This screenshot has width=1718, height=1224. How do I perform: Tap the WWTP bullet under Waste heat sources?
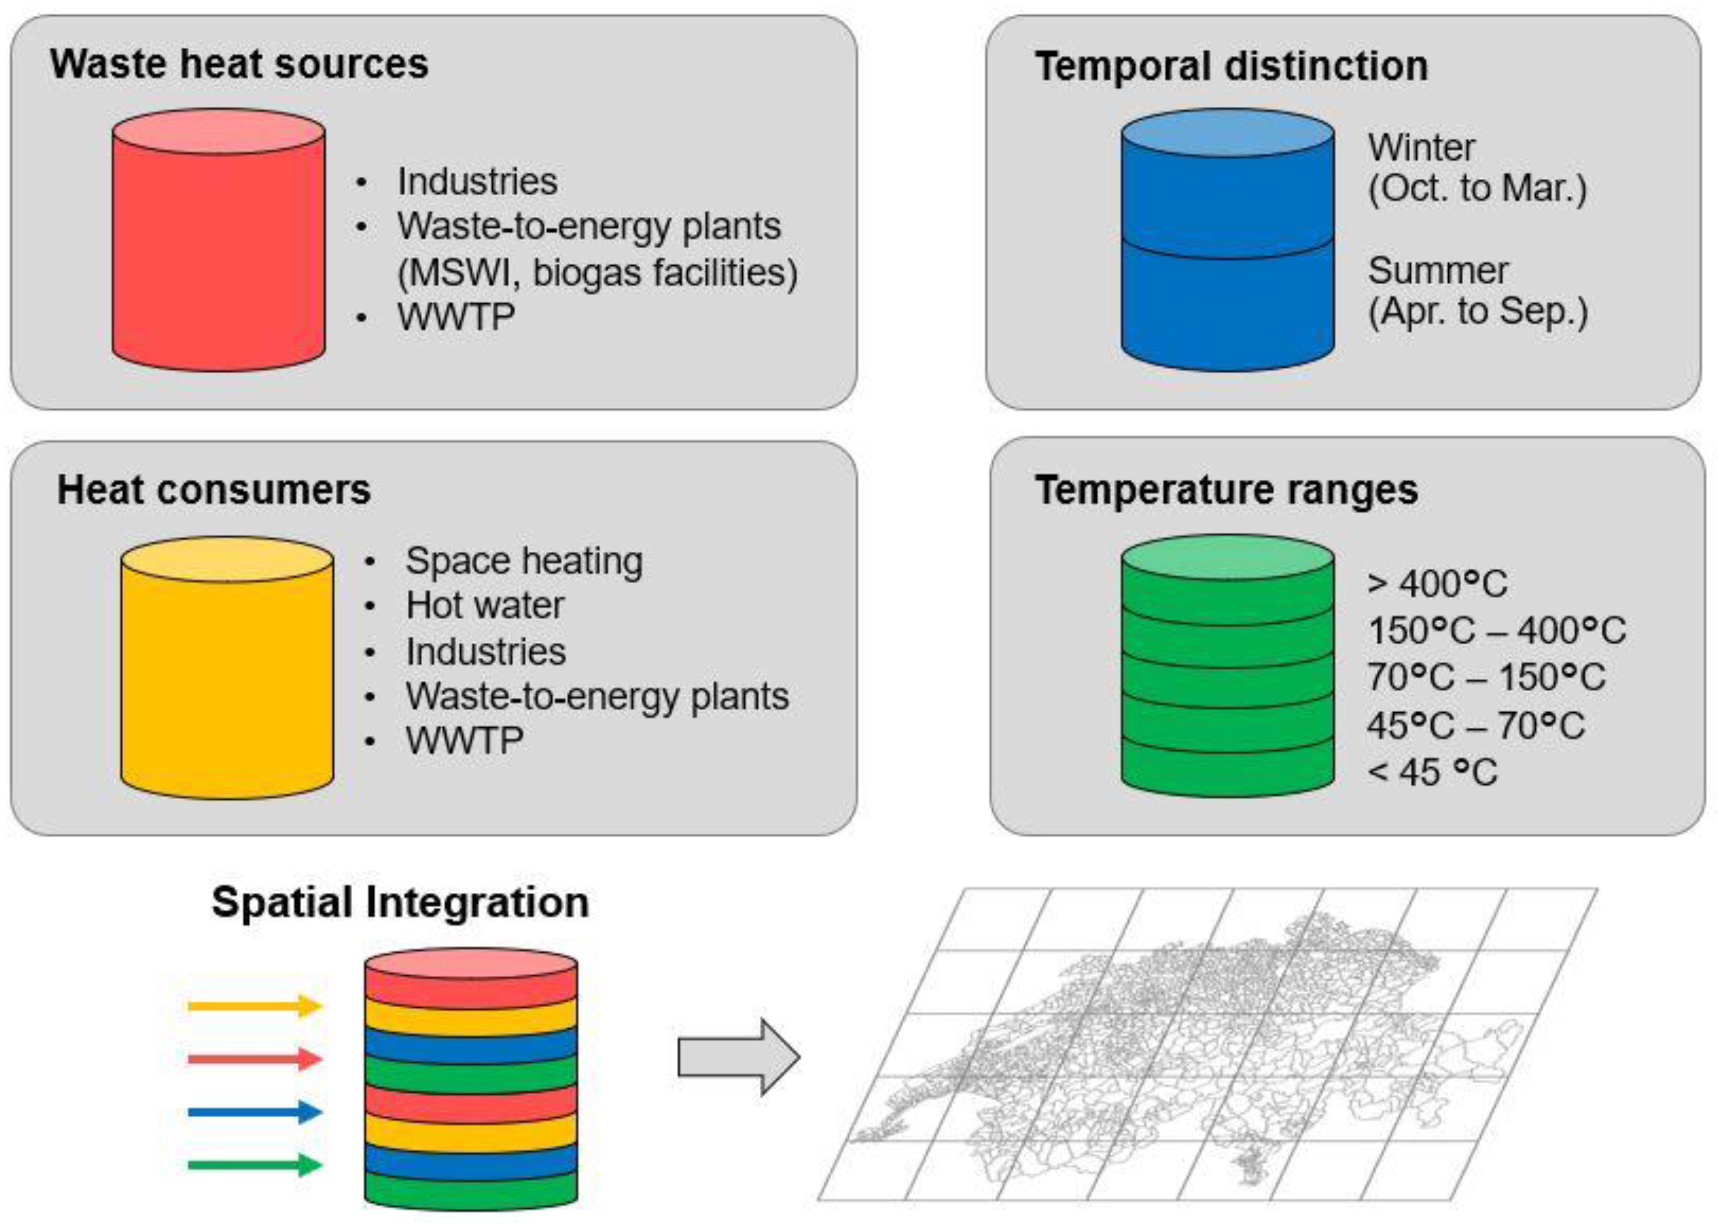tap(456, 317)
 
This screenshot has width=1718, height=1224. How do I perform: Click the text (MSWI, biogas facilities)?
tap(597, 272)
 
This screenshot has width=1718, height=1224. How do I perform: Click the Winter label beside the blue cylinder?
tap(1421, 148)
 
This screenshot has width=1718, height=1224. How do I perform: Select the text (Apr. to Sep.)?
tap(1478, 311)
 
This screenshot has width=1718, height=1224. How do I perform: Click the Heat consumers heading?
tap(214, 490)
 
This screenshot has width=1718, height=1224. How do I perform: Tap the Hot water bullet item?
tap(485, 605)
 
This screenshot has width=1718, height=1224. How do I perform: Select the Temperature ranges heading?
tap(1226, 490)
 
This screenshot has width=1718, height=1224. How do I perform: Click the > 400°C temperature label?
tap(1437, 583)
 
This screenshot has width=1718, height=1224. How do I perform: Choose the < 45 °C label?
tap(1432, 772)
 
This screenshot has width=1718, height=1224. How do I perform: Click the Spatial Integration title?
tap(400, 902)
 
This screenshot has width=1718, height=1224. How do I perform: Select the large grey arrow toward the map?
tap(737, 1057)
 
